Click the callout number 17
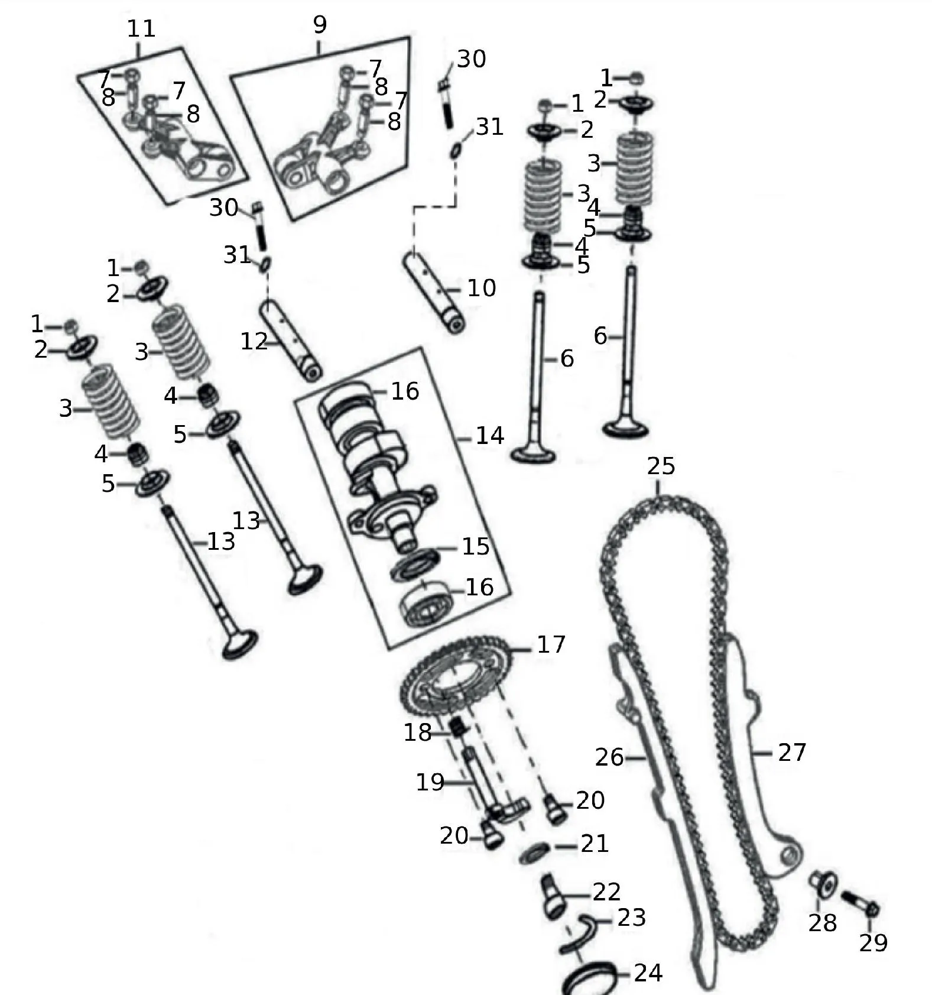(551, 644)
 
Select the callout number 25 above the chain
(661, 466)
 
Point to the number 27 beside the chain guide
(792, 753)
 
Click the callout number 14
(490, 436)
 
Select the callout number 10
(482, 288)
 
